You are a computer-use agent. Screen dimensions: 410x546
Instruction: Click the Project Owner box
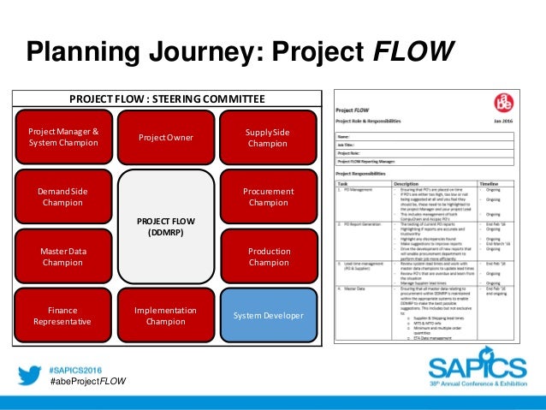tap(166, 138)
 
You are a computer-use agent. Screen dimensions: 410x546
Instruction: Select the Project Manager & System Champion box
tap(63, 137)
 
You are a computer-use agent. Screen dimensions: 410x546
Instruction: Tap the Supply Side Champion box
tap(268, 137)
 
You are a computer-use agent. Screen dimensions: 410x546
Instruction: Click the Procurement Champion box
tap(269, 197)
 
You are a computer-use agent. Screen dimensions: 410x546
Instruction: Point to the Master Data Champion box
tap(63, 257)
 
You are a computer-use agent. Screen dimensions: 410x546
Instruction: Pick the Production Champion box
tap(269, 257)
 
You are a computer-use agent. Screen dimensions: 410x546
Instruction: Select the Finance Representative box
tap(63, 317)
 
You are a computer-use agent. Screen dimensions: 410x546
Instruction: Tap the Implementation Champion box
tap(166, 317)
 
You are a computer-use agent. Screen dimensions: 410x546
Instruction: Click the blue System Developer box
tap(269, 317)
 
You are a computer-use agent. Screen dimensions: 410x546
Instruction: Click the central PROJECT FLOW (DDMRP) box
tap(166, 227)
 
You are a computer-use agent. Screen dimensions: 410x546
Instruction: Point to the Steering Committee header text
tap(166, 98)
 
